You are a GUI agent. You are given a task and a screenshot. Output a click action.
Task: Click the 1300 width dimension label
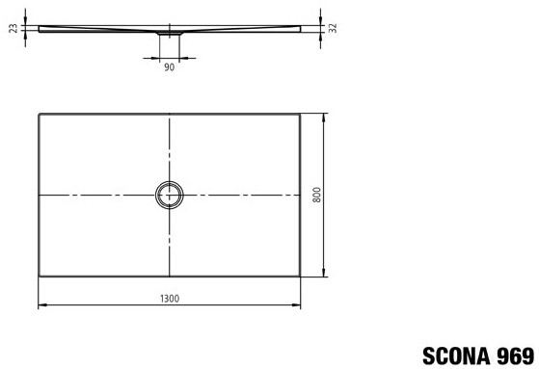pos(170,299)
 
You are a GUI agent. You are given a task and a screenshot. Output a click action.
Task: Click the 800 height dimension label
pos(317,195)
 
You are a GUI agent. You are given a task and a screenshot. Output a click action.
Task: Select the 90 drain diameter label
pos(169,67)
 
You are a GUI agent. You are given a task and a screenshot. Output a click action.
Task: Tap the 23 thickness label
pos(13,28)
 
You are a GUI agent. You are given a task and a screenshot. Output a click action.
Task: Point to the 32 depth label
pos(333,28)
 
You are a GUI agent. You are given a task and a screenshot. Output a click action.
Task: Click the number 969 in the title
pos(516,356)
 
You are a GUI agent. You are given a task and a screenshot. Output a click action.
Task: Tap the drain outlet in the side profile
pos(170,33)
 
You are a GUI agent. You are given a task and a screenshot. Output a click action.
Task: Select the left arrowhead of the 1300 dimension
pos(41,304)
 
